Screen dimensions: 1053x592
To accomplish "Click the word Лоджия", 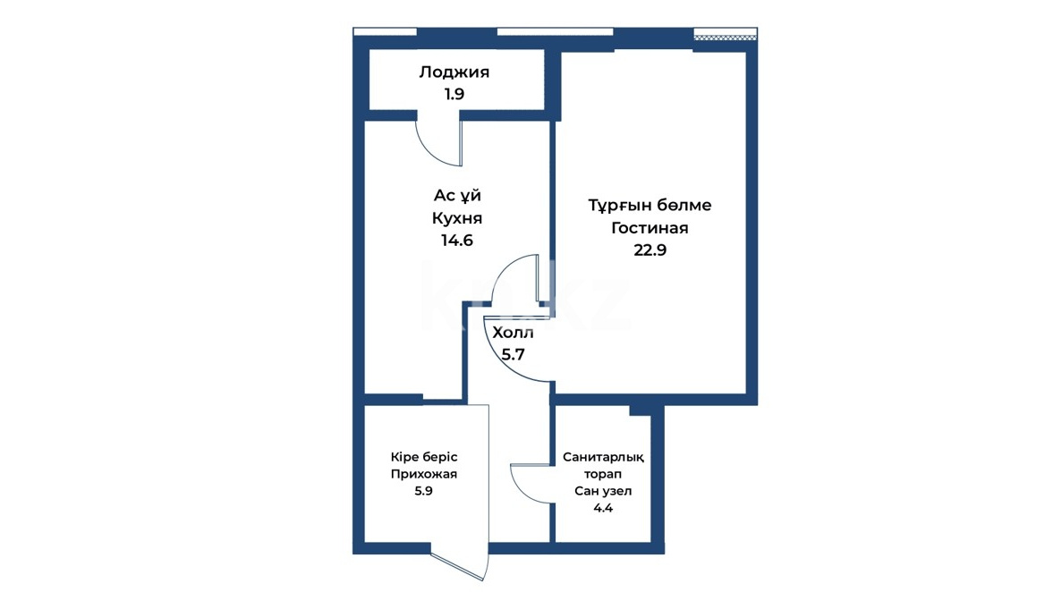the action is coord(454,72).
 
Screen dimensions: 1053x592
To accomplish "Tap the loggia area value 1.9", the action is coord(454,94).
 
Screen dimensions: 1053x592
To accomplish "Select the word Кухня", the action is coord(456,218).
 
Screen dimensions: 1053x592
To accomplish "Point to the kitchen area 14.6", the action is coord(456,241).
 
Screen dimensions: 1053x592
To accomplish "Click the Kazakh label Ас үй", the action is coord(457,195).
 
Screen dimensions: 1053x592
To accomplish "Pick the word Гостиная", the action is coord(650,228).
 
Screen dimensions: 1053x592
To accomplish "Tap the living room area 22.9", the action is coord(650,250).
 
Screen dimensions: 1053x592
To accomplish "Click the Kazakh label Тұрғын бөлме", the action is coord(650,206).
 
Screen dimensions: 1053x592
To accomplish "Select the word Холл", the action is coord(513,333).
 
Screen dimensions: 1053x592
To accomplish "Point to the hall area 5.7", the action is coord(513,354).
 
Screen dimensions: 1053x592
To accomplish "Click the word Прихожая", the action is coord(424,474).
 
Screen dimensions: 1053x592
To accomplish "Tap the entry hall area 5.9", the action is coord(423,491).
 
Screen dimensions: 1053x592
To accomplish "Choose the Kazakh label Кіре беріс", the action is coord(424,457).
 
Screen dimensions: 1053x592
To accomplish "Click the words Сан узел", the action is coord(603,491).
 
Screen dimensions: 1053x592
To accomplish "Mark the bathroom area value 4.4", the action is coord(603,508).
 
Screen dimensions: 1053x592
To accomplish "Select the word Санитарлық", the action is coord(603,457).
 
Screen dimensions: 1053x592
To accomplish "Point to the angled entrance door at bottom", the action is coord(457,565).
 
